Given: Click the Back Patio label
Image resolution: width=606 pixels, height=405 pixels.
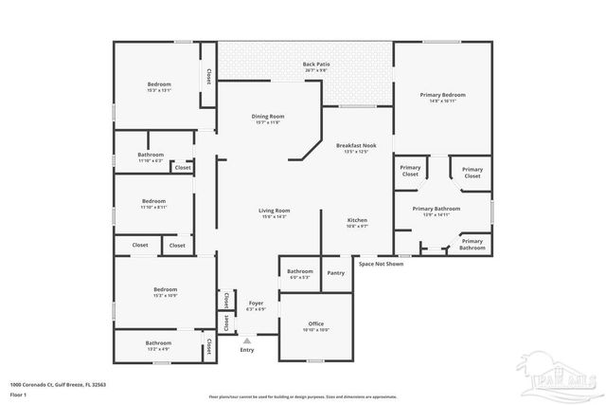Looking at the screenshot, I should click(303, 66).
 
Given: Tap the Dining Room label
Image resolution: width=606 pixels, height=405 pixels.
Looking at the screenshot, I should click(270, 118).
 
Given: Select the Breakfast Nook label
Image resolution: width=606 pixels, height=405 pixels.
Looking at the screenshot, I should click(358, 147).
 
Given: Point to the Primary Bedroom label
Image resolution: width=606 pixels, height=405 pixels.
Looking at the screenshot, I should click(442, 96).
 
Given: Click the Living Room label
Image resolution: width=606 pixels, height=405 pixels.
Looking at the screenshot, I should click(275, 212).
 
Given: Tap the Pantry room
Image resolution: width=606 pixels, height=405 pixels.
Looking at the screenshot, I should click(335, 273).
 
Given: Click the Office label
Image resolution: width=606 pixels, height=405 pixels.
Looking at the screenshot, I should click(316, 325).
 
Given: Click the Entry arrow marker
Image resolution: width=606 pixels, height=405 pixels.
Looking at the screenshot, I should click(247, 340).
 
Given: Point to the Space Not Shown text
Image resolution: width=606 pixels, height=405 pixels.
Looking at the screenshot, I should click(381, 264).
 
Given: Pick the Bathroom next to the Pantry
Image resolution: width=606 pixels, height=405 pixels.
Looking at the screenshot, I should click(299, 273).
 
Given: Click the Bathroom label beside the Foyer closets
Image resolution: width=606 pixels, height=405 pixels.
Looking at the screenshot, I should click(158, 344).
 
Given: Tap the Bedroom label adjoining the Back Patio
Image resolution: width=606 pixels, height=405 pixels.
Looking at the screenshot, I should click(158, 86).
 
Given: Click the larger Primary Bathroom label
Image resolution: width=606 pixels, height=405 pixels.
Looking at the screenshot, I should click(436, 210).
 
